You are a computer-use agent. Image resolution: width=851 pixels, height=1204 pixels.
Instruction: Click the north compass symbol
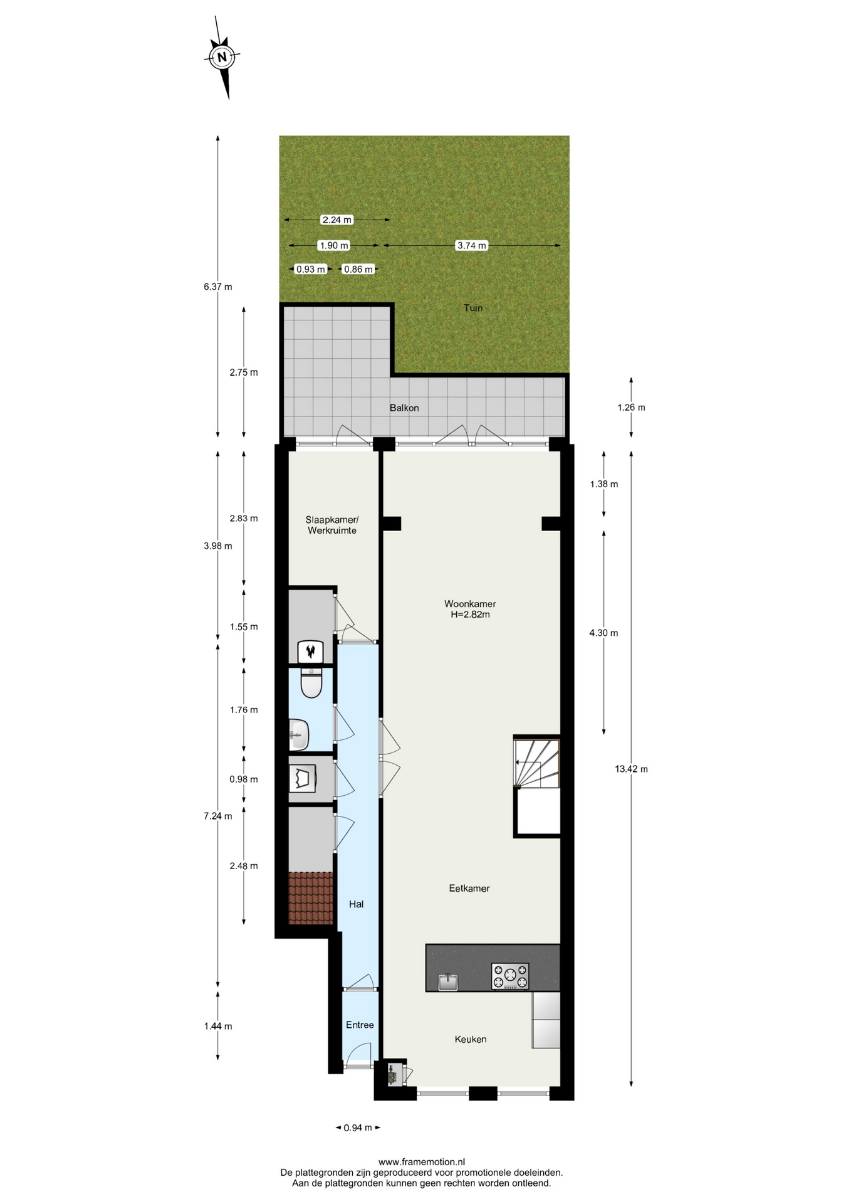click(x=222, y=58)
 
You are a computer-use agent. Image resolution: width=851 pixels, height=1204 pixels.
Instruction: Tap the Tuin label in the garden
click(x=473, y=307)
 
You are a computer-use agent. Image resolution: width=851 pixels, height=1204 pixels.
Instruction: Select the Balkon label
click(x=404, y=408)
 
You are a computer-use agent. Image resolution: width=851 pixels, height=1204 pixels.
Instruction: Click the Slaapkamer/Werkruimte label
click(x=332, y=525)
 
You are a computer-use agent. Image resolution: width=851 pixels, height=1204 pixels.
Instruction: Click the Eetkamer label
click(x=469, y=888)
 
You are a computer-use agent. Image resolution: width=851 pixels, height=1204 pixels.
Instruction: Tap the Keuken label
click(x=471, y=1039)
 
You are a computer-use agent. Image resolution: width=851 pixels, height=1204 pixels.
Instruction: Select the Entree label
click(x=360, y=1025)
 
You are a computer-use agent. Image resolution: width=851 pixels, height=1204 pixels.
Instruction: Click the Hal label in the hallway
click(x=356, y=904)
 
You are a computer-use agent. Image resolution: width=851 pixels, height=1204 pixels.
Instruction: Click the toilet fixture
click(x=311, y=683)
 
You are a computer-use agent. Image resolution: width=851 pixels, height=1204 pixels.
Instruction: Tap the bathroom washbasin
click(x=299, y=734)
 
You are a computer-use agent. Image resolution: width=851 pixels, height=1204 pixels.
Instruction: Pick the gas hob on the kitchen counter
click(x=510, y=976)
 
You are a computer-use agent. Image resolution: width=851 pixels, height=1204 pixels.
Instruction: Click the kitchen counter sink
click(x=448, y=982)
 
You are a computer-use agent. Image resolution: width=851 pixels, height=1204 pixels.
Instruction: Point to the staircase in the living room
click(x=536, y=763)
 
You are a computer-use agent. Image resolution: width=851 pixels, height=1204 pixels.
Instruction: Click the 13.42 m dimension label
click(x=631, y=769)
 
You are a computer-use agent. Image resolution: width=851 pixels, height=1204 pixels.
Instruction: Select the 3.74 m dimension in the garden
click(x=472, y=245)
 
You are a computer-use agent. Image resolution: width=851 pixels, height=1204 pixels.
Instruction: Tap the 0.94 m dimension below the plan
click(x=358, y=1127)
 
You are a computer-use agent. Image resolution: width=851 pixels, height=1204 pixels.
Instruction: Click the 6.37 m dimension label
click(x=217, y=287)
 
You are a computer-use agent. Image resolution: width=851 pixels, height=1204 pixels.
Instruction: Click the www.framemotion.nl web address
click(x=422, y=1162)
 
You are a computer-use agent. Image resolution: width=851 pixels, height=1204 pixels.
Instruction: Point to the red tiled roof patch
click(x=311, y=898)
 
